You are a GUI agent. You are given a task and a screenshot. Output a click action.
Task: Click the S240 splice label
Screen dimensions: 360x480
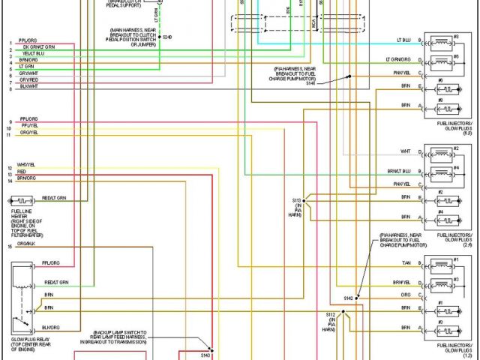[166, 37]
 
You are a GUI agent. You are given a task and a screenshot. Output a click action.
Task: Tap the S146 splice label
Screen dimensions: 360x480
[310, 83]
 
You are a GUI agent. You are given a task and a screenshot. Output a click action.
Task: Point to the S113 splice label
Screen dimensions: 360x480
[297, 200]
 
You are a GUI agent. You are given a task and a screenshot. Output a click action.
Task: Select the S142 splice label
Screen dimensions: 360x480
[348, 298]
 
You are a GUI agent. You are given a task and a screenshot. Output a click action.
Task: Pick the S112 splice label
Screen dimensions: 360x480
[330, 314]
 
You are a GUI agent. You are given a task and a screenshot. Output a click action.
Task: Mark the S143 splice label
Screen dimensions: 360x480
[206, 355]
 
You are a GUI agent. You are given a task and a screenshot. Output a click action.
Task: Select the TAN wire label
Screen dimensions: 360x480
[406, 262]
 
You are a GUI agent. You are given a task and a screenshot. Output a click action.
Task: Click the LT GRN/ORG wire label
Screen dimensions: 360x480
[398, 59]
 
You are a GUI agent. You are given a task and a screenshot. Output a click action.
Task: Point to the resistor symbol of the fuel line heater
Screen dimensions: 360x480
[21, 202]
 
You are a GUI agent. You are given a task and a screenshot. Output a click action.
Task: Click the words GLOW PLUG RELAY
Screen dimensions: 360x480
[25, 340]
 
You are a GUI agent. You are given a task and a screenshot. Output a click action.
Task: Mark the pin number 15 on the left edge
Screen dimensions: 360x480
[10, 246]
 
